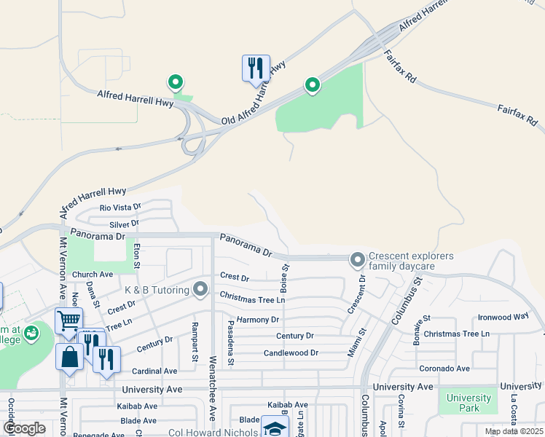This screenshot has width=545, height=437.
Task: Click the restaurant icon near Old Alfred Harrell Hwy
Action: pos(256,69)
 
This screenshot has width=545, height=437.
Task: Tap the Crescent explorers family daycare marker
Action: pos(357,259)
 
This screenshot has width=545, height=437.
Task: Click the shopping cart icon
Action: pos(68,320)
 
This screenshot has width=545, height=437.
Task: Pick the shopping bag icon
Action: pos(69,358)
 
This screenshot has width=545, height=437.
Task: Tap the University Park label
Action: pos(469,403)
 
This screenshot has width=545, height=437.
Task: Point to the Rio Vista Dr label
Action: pos(119,208)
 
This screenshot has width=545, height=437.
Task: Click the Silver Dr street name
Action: pos(124,224)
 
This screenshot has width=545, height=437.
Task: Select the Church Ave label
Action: pos(93,275)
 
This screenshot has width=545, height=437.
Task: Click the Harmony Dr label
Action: pos(258,320)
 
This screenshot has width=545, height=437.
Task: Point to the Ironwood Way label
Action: pos(503,317)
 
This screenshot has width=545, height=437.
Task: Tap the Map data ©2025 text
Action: pos(514,431)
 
